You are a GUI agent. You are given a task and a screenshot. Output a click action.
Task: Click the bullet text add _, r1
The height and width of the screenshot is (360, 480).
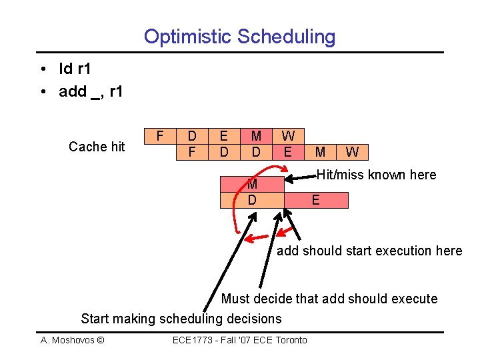pyautogui.click(x=91, y=91)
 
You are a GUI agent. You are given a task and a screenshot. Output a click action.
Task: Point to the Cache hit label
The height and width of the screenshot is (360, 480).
pyautogui.click(x=97, y=147)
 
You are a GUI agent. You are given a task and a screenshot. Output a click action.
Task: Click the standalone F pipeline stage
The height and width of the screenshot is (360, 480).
pyautogui.click(x=159, y=135)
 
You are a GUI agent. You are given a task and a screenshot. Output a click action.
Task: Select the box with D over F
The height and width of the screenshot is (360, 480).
pyautogui.click(x=192, y=144)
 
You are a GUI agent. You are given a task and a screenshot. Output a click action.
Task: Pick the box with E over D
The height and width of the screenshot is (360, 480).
pyautogui.click(x=224, y=144)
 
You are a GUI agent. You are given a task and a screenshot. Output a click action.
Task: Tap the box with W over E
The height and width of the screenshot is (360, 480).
pyautogui.click(x=288, y=144)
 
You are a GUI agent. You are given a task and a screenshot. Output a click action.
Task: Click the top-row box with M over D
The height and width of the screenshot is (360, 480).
pyautogui.click(x=256, y=144)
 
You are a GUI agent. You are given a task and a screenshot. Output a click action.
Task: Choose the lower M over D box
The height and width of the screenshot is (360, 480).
pyautogui.click(x=252, y=192)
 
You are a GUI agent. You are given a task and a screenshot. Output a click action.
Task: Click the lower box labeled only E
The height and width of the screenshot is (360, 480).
pyautogui.click(x=316, y=200)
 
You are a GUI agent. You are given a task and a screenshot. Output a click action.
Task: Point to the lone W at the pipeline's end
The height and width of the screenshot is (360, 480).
pyautogui.click(x=352, y=153)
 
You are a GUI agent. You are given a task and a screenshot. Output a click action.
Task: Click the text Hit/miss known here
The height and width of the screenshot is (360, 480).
pyautogui.click(x=376, y=175)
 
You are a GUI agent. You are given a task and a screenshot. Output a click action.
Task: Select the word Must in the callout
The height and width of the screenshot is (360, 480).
pyautogui.click(x=235, y=299)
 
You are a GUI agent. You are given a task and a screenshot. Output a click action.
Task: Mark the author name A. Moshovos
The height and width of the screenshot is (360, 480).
pyautogui.click(x=72, y=341)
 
